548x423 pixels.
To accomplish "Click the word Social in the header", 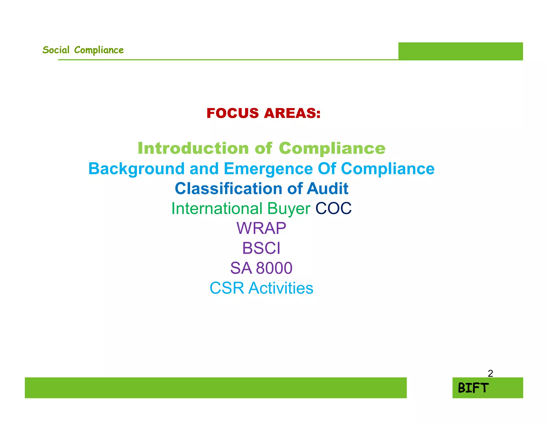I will click(56, 50).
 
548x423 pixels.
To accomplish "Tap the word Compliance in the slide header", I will click(99, 50).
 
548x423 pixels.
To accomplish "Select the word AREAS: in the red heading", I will click(292, 113).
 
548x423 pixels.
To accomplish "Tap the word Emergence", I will click(268, 169).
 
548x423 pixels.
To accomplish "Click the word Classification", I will click(228, 189).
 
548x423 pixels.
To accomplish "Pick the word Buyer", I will click(289, 209).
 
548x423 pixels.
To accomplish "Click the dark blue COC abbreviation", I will click(333, 208).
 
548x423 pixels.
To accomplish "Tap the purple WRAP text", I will click(261, 228).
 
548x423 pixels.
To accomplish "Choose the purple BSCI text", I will click(261, 248).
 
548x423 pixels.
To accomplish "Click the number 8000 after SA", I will click(274, 268).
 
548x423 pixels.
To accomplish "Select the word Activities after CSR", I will click(281, 288).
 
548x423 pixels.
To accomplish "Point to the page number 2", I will click(490, 373).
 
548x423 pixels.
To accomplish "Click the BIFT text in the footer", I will click(473, 388).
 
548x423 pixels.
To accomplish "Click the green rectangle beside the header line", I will click(460, 51).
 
